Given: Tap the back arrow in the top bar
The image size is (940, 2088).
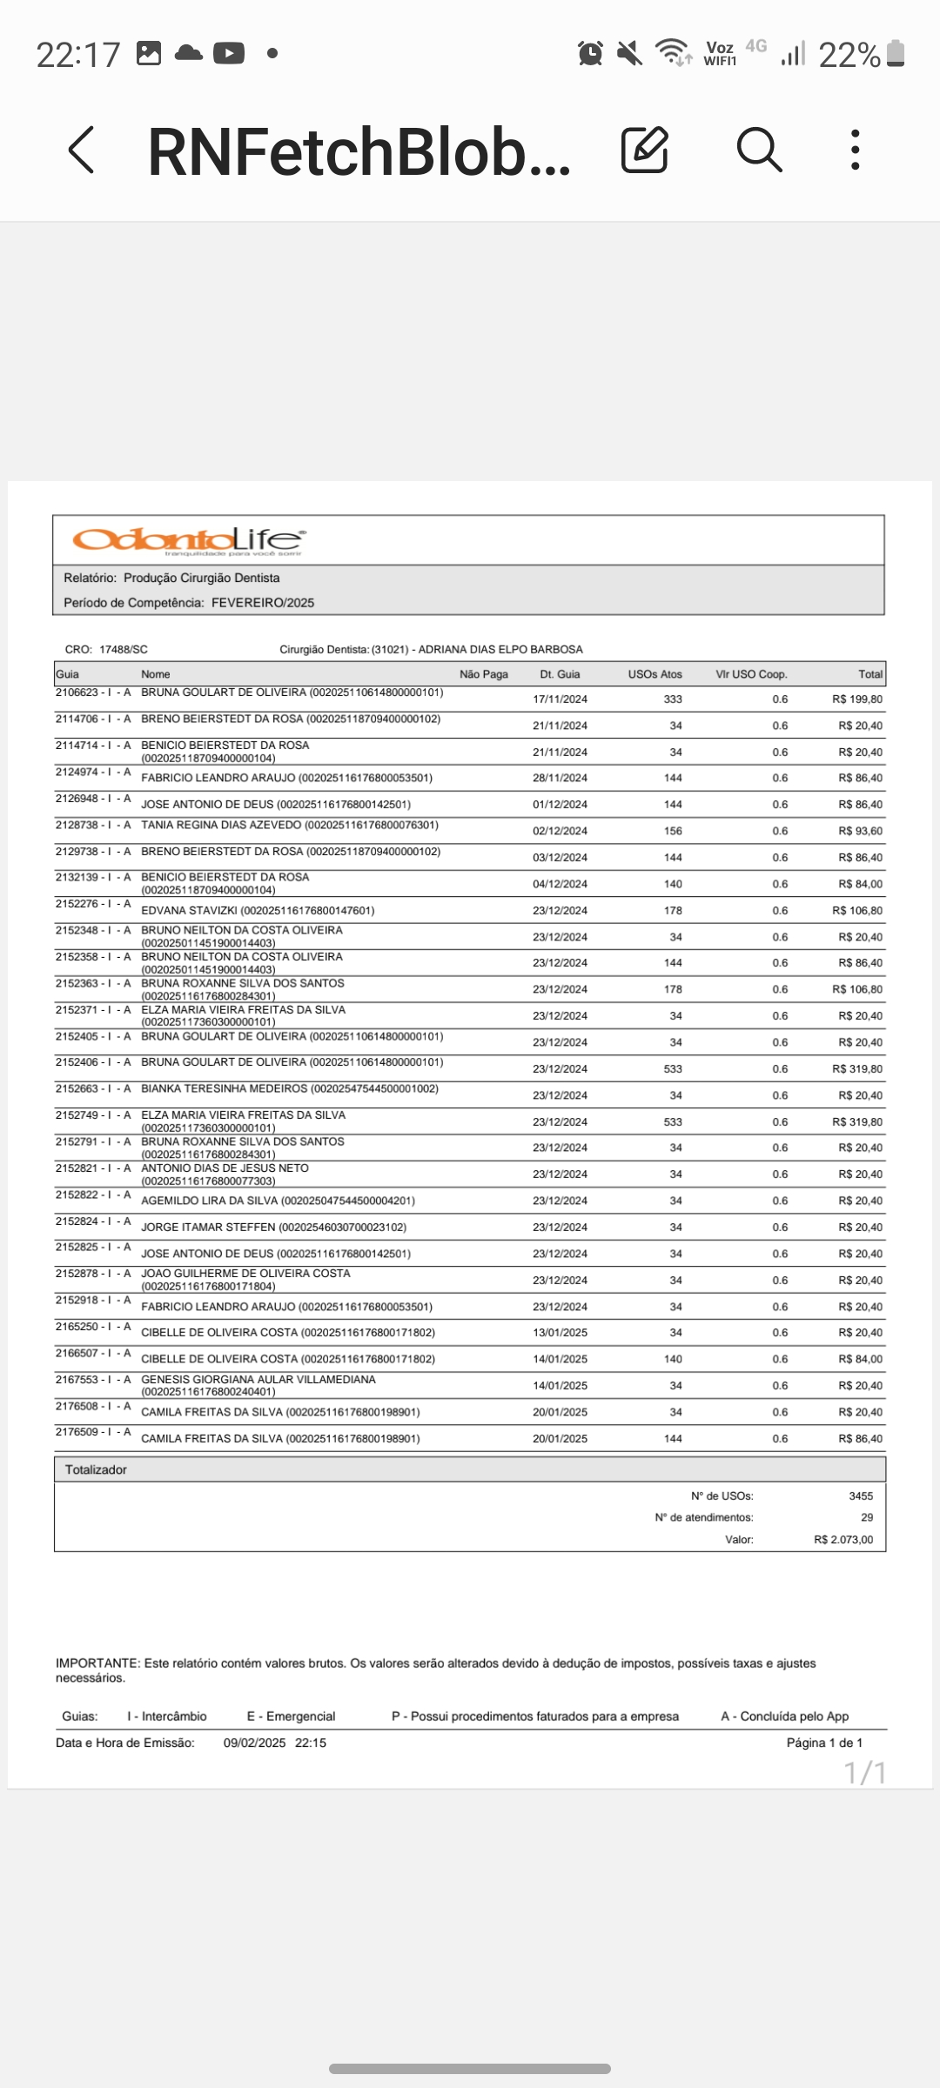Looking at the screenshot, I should point(82,150).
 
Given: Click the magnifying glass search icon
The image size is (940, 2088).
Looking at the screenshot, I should point(759,150).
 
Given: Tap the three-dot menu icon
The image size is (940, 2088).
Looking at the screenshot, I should point(856,150).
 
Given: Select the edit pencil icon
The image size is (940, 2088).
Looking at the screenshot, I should point(645,150).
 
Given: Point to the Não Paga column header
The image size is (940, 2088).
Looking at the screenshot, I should point(483,674).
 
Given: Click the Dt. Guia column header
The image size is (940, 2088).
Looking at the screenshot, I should point(560,674).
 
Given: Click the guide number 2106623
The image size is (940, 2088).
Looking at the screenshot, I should point(77,693).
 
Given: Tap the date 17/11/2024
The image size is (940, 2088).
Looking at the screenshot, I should point(560,699).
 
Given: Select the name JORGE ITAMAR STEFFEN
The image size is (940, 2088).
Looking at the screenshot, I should point(208,1228).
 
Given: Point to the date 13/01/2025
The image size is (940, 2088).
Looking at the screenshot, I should point(560,1333).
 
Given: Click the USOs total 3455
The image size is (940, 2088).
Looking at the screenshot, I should point(860,1496).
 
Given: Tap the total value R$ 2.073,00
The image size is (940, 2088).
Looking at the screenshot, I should point(843,1540).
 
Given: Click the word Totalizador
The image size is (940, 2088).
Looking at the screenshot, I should point(96,1469).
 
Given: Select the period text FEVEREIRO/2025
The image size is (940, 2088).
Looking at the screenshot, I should point(262,603).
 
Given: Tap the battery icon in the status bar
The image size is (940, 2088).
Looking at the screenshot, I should point(896,54).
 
